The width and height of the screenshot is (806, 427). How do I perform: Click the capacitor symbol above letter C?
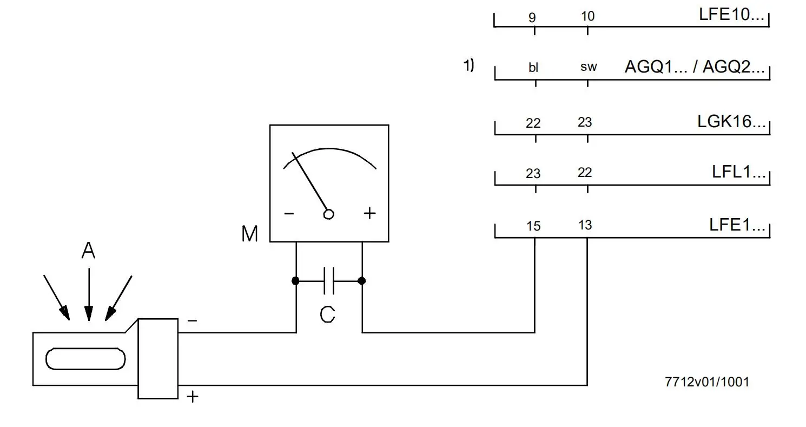(328, 281)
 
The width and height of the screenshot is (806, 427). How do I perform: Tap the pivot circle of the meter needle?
(328, 214)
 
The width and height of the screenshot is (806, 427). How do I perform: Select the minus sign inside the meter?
(289, 214)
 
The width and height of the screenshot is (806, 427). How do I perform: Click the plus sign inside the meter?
(369, 213)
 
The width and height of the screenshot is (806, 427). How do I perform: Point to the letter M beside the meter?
(249, 234)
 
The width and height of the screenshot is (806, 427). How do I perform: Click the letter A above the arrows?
(88, 251)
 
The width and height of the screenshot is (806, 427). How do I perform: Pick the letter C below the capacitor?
(327, 314)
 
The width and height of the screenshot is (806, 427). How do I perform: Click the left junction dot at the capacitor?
(295, 281)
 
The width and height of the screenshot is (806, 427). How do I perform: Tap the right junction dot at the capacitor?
(362, 281)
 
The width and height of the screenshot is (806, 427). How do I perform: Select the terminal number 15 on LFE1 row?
(533, 226)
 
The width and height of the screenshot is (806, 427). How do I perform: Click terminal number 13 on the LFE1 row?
(585, 225)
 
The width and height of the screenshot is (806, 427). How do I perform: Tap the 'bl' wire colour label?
(533, 68)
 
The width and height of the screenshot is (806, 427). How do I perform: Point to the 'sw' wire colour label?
(588, 68)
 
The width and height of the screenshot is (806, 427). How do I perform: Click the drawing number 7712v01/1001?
(707, 382)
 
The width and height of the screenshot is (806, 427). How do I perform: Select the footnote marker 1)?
(468, 66)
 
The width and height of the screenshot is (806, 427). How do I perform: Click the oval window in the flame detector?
(85, 359)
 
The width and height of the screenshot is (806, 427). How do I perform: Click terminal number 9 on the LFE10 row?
(532, 17)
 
